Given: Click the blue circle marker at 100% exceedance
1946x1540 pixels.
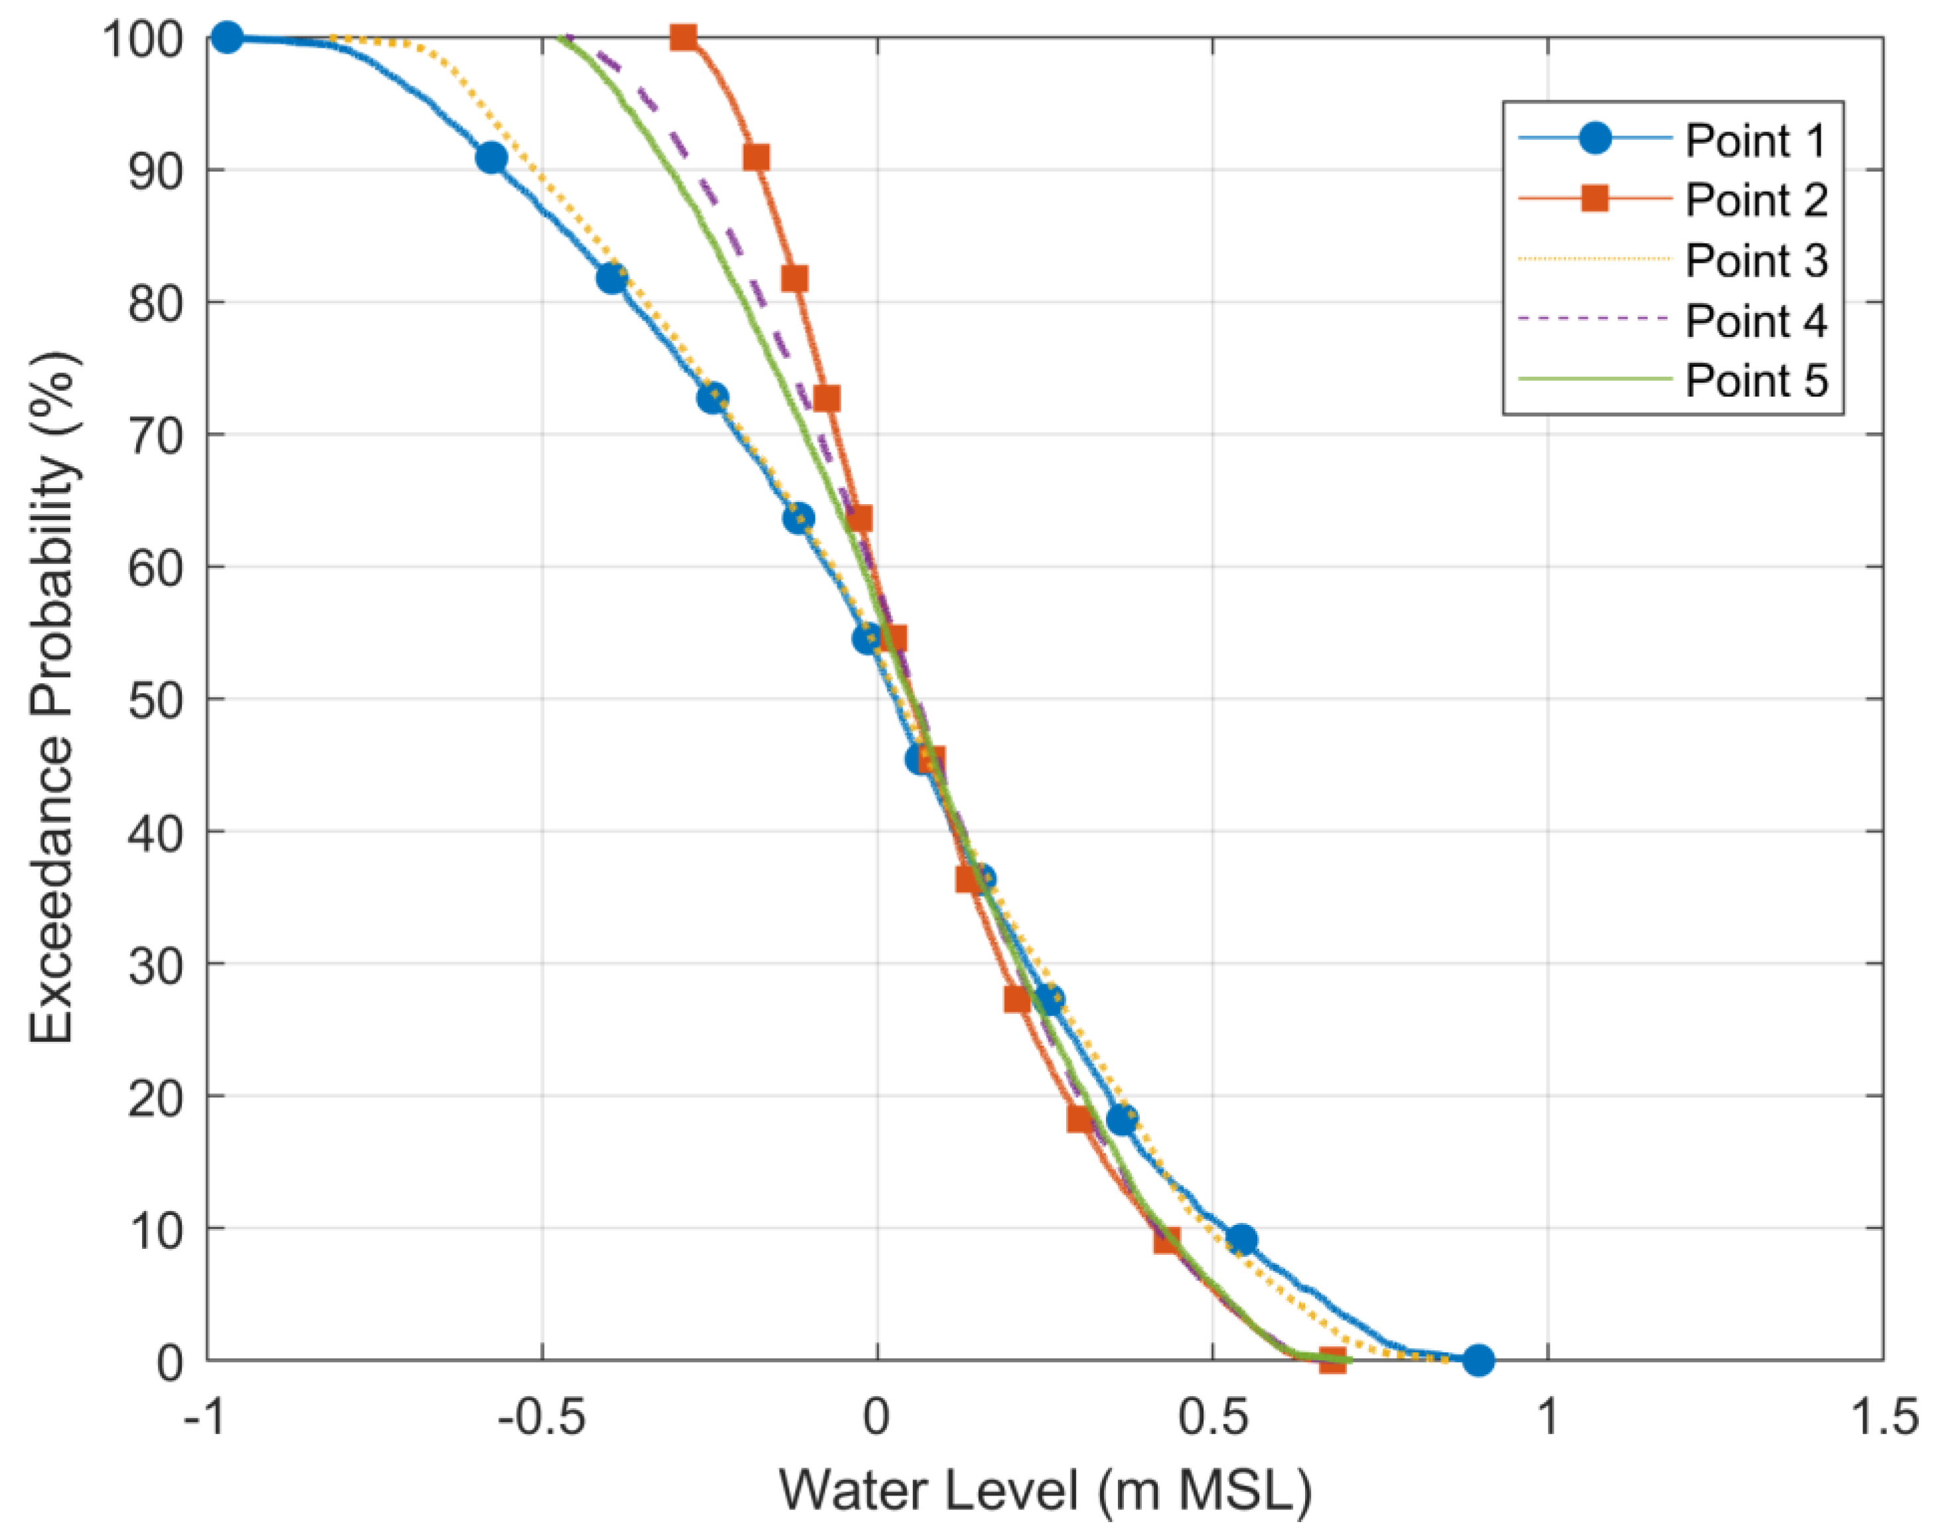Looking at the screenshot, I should tap(228, 38).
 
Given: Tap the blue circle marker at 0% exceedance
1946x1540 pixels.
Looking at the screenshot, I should tap(1477, 1360).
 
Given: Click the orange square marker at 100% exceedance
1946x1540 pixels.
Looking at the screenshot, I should tap(683, 38).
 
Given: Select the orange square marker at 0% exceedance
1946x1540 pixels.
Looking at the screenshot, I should tap(1332, 1360).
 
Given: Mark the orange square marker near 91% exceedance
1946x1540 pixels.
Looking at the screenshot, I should tap(756, 158).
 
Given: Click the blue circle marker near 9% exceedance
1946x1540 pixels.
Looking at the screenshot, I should tap(1242, 1240).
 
